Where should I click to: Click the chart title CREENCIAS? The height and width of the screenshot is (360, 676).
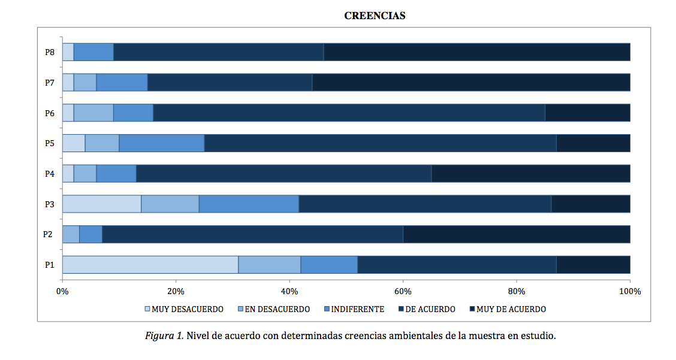pos(375,16)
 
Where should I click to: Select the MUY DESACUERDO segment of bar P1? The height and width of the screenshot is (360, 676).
pos(150,265)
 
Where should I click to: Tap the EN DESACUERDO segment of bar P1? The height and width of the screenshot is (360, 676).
pos(270,265)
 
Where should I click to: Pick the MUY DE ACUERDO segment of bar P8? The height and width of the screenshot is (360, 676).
pos(477,52)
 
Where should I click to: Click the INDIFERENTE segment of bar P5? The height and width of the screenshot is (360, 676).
pos(162,143)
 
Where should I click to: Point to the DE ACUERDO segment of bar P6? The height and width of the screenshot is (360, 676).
pos(349,113)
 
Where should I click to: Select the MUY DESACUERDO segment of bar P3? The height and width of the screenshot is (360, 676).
pos(102,204)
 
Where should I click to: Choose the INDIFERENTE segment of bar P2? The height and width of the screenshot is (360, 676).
pos(91,234)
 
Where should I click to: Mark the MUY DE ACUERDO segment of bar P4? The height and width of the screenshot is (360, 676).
pos(531,173)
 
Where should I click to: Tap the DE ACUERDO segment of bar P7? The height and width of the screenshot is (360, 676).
pos(230,82)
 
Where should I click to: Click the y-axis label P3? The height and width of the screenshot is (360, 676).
pos(50,204)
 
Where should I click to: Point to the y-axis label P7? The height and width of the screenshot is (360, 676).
pos(50,83)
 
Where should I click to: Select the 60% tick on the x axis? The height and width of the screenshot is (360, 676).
pos(403,292)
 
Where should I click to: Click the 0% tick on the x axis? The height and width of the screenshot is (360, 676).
pos(62,292)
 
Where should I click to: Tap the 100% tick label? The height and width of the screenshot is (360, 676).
pos(630,292)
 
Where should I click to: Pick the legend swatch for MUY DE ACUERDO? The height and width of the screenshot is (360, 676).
pos(472,309)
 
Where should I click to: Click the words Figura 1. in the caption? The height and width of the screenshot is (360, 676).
pos(164,336)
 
